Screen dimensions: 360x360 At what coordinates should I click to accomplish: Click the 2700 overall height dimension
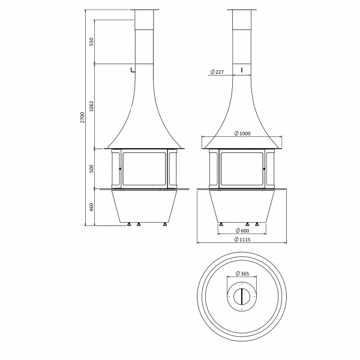(83, 118)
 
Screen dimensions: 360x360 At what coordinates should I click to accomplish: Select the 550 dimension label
(92, 41)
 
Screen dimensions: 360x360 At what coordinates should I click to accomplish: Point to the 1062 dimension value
(92, 106)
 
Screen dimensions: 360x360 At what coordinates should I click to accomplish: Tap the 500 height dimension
(92, 169)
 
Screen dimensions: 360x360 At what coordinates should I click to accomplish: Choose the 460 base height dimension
(92, 208)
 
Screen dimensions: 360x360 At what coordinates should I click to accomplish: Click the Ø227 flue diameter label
(217, 72)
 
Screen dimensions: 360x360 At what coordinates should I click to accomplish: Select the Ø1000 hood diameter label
(242, 133)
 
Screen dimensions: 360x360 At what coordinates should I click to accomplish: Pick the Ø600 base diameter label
(242, 230)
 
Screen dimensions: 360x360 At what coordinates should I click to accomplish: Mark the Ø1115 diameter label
(242, 239)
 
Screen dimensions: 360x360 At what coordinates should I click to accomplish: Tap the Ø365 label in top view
(242, 274)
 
